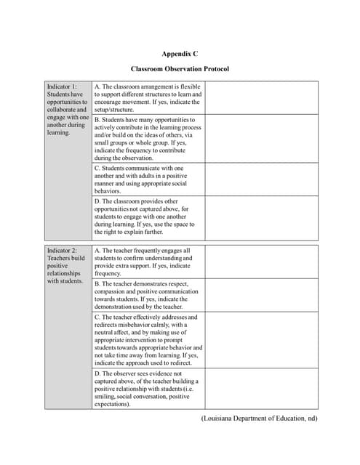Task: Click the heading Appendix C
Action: (180, 54)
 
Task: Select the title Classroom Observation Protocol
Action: (180, 69)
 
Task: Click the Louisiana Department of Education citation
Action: (259, 418)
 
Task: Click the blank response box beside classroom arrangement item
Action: (260, 98)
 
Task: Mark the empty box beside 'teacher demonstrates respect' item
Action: (260, 296)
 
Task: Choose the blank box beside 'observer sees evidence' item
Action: (260, 389)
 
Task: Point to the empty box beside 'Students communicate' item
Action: (260, 179)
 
